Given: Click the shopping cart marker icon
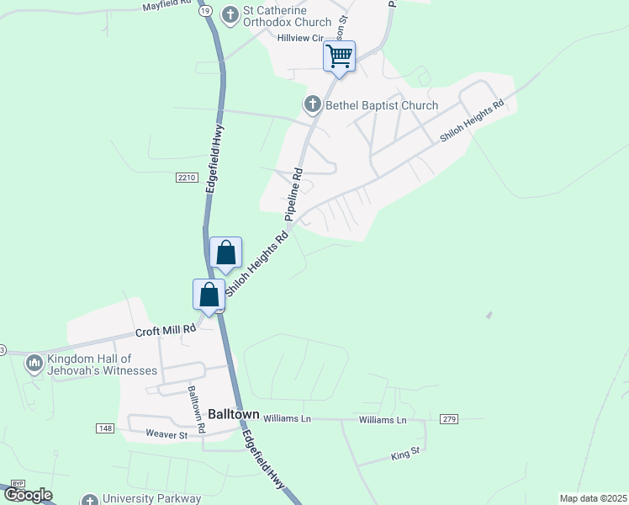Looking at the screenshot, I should (x=339, y=56).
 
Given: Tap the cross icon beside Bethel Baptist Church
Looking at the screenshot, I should (x=312, y=105).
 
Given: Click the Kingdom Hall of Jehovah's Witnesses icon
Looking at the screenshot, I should (x=34, y=364).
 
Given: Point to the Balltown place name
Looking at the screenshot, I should (x=233, y=415).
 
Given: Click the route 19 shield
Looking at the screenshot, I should (x=205, y=11).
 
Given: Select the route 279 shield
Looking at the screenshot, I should (x=449, y=419).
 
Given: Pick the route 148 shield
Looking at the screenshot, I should (x=104, y=428).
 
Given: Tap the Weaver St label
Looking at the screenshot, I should (x=166, y=435).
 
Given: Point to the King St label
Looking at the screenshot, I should (x=404, y=455).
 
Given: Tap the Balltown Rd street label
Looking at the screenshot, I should (x=196, y=409).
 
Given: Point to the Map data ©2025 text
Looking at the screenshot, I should (x=592, y=498).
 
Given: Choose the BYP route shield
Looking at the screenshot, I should (x=18, y=485).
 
